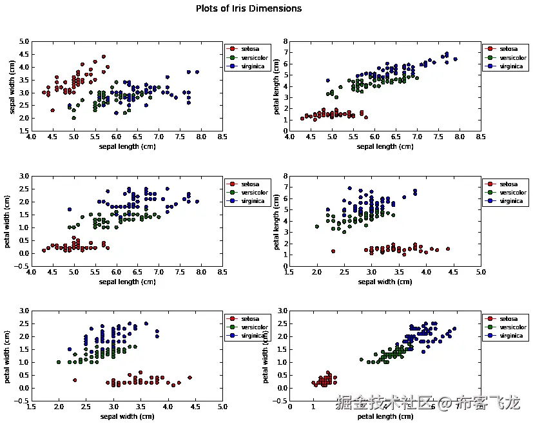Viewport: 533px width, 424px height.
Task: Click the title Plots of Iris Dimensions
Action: [x=248, y=9]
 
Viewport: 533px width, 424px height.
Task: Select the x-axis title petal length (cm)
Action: [x=385, y=416]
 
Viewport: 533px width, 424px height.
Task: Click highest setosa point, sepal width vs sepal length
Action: [x=103, y=57]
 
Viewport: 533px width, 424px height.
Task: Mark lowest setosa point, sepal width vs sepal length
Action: [x=52, y=110]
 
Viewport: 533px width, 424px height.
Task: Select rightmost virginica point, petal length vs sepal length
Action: [x=455, y=59]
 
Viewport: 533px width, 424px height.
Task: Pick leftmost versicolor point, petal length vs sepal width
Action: [x=316, y=226]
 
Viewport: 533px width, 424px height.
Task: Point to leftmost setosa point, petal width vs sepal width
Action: [x=75, y=380]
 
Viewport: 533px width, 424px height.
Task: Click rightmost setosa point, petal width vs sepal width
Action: [x=189, y=378]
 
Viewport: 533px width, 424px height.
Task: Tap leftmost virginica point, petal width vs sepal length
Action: [x=70, y=209]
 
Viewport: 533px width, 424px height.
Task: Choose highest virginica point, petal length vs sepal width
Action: [x=349, y=188]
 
